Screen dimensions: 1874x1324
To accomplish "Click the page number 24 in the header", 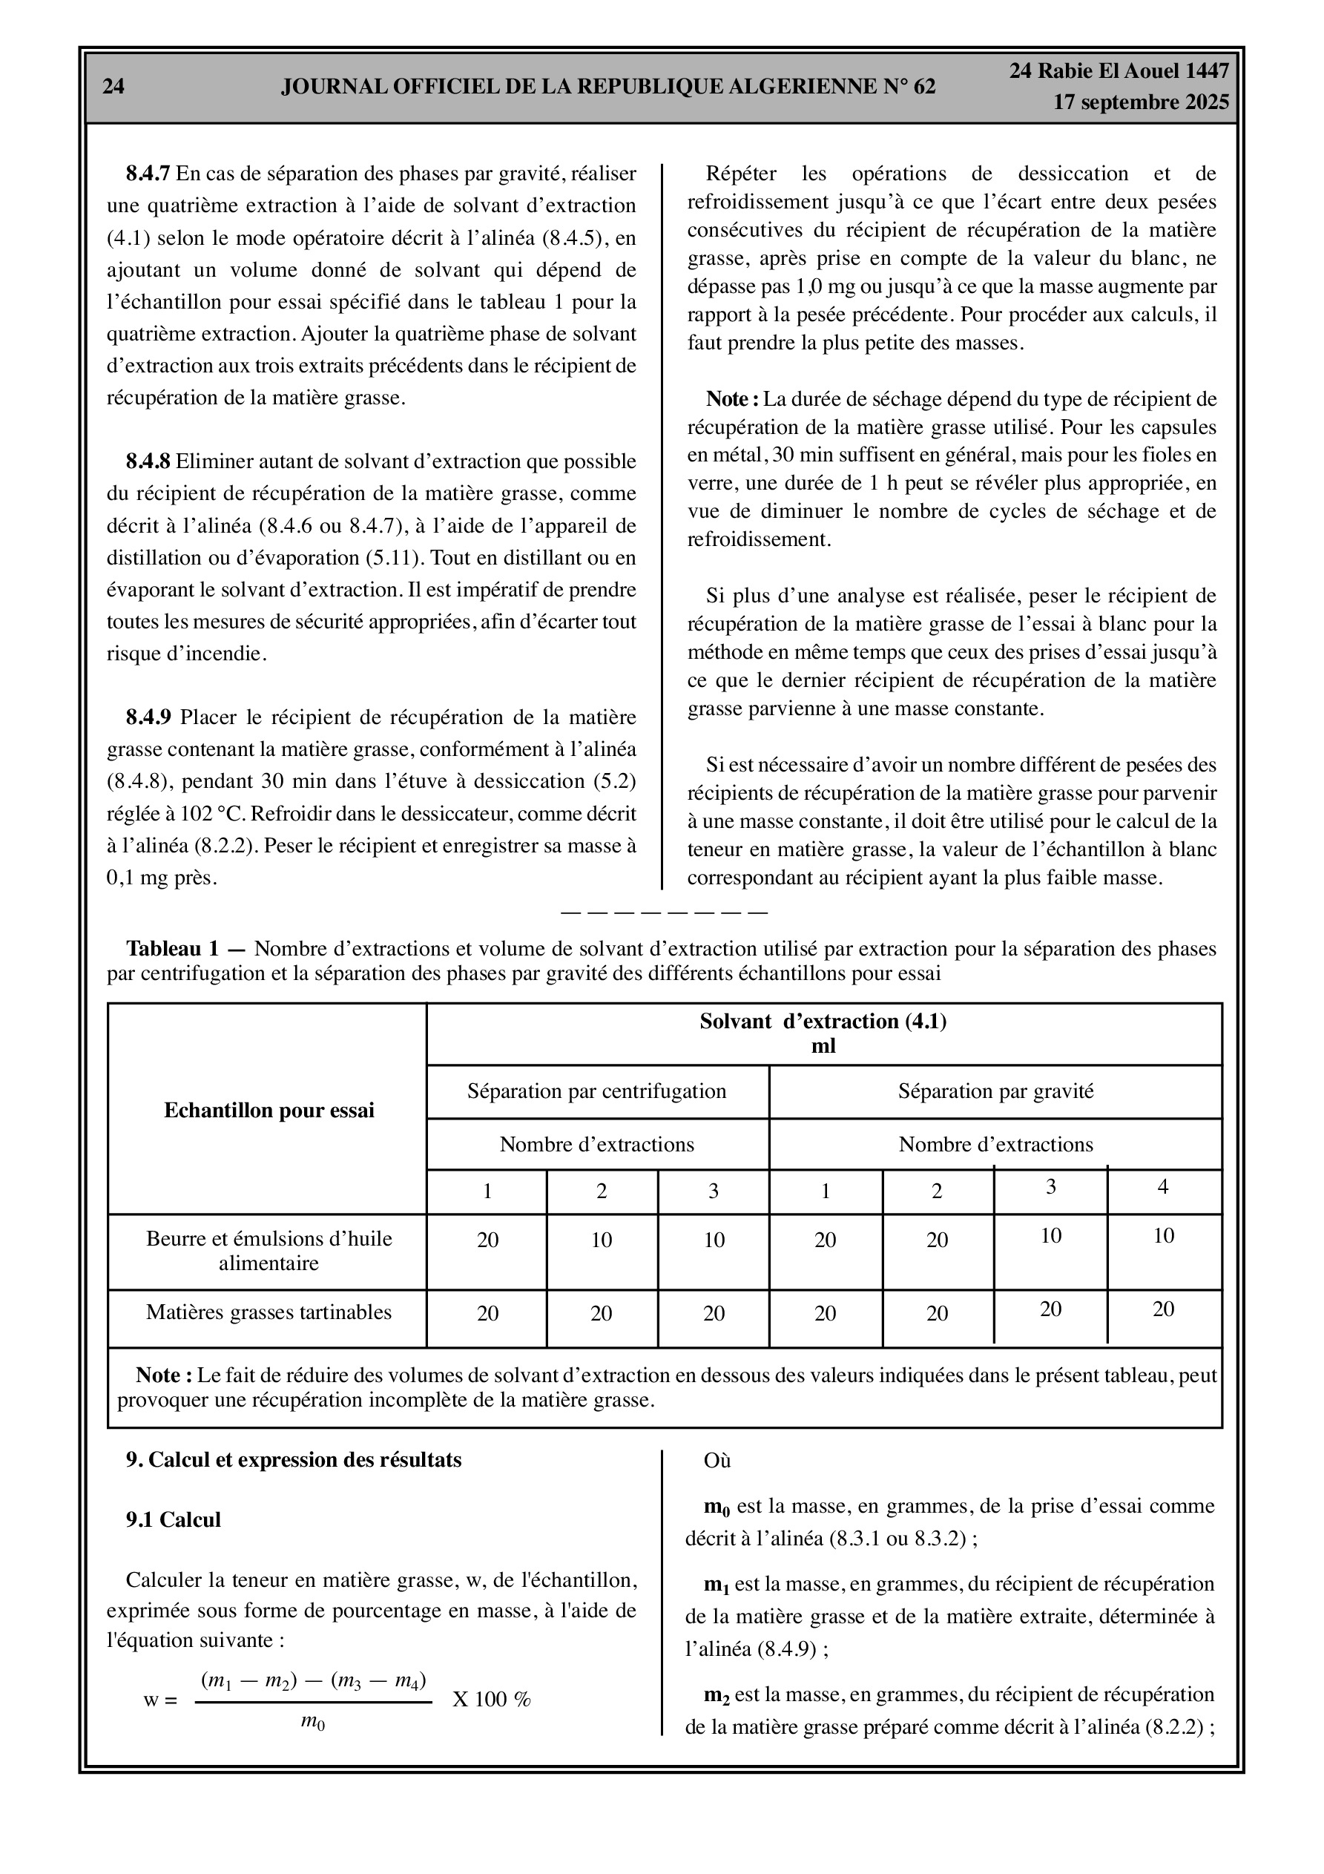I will pyautogui.click(x=113, y=87).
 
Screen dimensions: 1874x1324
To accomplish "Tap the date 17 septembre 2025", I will pyautogui.click(x=1140, y=102).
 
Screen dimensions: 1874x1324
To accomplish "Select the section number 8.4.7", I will pyautogui.click(x=148, y=174).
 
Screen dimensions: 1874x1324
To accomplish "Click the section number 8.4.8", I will pyautogui.click(x=148, y=462).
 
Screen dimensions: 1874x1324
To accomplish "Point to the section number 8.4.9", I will pyautogui.click(x=148, y=717).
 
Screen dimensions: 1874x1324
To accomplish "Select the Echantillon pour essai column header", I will pyautogui.click(x=269, y=1110).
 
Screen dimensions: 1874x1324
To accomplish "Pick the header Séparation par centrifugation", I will pyautogui.click(x=596, y=1091).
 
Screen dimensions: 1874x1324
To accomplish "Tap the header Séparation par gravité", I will pyautogui.click(x=996, y=1091).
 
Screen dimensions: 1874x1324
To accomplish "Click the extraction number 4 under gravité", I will pyautogui.click(x=1163, y=1187).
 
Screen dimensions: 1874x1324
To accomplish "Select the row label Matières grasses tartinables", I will pyautogui.click(x=269, y=1312).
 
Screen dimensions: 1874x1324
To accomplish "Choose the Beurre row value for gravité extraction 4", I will pyautogui.click(x=1163, y=1235).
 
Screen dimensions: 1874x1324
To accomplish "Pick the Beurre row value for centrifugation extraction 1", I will pyautogui.click(x=487, y=1240).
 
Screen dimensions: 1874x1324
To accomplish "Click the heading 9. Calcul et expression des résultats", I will pyautogui.click(x=293, y=1459).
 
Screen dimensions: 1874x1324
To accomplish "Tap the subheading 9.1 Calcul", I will pyautogui.click(x=173, y=1520).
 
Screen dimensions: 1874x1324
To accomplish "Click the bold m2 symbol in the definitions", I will pyautogui.click(x=716, y=1696).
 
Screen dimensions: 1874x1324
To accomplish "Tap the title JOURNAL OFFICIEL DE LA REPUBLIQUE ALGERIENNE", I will pyautogui.click(x=608, y=87).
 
